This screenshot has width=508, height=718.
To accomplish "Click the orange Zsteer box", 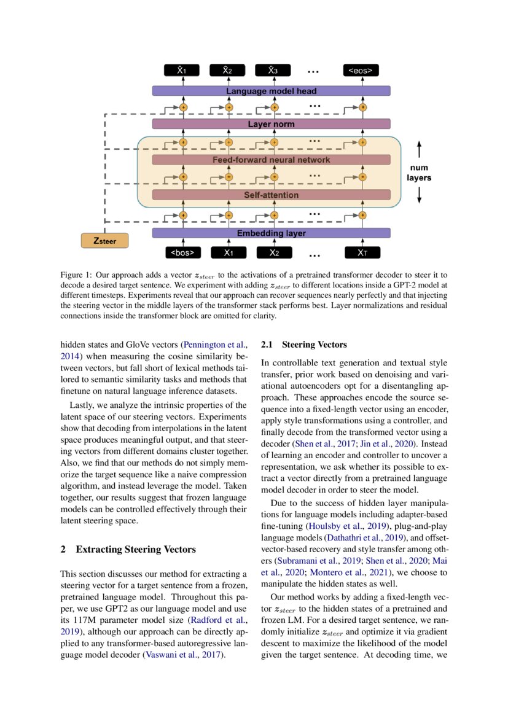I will pos(104,241).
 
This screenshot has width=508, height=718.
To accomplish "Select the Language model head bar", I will pos(271,91).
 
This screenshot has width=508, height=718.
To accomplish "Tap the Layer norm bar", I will pos(271,124).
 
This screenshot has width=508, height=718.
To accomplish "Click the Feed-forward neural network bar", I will pos(271,160).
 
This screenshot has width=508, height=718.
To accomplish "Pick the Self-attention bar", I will pos(271,195).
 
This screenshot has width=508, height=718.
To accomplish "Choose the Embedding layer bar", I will pos(271,233).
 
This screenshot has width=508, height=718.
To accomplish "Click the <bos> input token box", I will pos(182,252).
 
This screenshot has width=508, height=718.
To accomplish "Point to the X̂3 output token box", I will pos(273,71).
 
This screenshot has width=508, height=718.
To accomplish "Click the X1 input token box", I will pos(228,252).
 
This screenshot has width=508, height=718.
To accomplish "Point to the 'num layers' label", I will pos(419,172).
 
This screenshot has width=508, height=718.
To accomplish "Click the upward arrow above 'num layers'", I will pos(419,149).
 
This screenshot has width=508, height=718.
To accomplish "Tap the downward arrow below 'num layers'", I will pos(419,195).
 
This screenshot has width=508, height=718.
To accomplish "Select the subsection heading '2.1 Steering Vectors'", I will pos(304,345).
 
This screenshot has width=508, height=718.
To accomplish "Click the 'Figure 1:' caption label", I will pos(76,275).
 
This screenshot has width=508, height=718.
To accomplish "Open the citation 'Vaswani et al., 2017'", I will pos(181,655).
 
